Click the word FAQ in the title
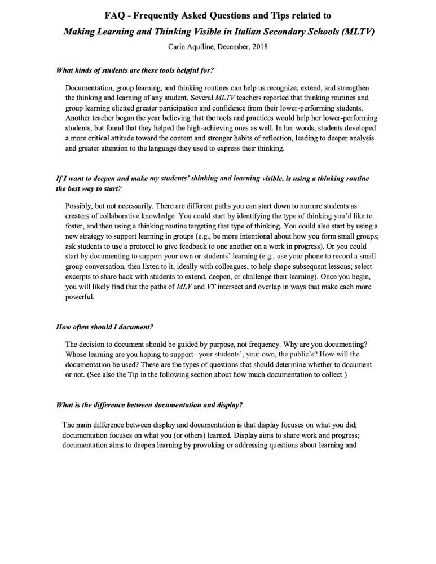click(116, 16)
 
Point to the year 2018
click(259, 46)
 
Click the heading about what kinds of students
click(135, 70)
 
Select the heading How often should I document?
click(104, 327)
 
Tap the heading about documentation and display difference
click(149, 404)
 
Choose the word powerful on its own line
click(80, 297)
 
